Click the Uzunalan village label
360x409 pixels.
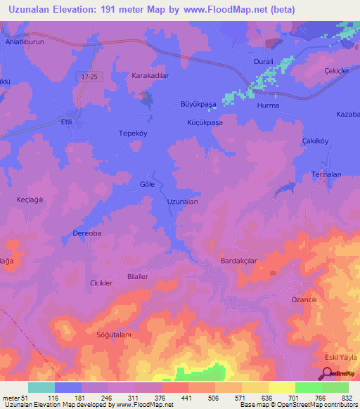[182, 201]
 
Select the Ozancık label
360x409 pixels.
[305, 299]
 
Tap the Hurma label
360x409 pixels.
[269, 105]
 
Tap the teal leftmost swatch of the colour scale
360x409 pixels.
[41, 387]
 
